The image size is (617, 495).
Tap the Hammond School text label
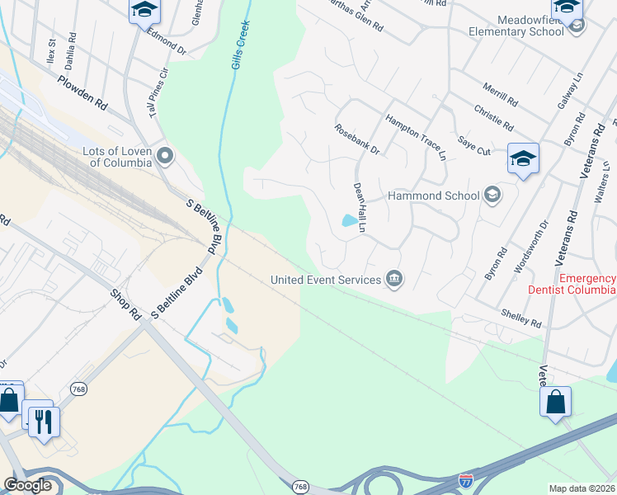pos(434,196)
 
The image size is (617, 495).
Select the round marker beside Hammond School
pos(492,195)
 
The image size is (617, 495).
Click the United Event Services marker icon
pos(394,280)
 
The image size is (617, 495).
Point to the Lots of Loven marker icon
pos(166,155)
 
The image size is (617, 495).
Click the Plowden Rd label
pos(82,92)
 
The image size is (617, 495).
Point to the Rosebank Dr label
pos(356,139)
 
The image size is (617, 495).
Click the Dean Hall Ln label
pos(359,207)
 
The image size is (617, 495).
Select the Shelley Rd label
pos(521,316)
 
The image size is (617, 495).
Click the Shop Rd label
pos(126,304)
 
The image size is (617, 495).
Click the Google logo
pos(27,485)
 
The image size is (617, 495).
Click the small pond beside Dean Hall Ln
pos(350,220)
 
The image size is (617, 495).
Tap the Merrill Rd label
pos(501,96)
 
